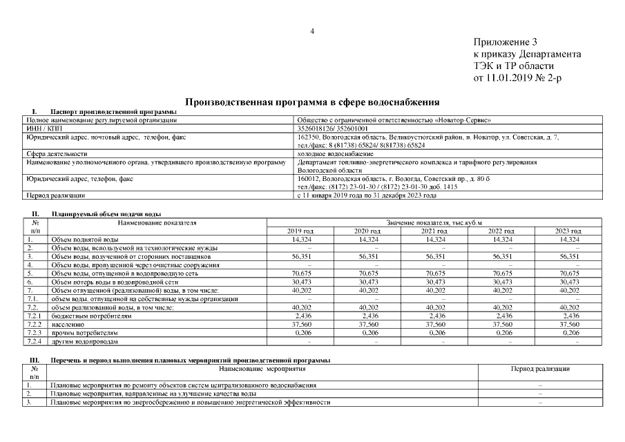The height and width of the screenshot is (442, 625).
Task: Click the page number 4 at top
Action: point(312,31)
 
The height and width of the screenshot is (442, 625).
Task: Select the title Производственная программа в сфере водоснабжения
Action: point(312,102)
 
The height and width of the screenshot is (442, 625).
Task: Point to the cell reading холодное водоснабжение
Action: point(335,153)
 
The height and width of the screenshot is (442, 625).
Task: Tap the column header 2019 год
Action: point(300,231)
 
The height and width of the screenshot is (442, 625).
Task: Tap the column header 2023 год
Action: point(568,231)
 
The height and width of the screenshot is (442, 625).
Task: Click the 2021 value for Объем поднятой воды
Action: point(435,239)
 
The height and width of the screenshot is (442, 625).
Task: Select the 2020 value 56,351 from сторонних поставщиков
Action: point(367,256)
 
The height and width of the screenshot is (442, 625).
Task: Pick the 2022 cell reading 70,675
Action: point(501,273)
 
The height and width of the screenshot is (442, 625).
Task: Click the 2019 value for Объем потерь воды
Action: point(300,282)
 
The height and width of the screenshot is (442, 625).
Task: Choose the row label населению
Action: point(68,324)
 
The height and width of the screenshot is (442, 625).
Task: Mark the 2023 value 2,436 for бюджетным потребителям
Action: point(568,316)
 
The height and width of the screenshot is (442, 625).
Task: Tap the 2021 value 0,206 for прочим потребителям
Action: point(435,333)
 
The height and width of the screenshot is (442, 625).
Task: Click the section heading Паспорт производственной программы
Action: point(113,112)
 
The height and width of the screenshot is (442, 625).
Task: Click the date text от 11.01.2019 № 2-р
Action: point(517,77)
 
